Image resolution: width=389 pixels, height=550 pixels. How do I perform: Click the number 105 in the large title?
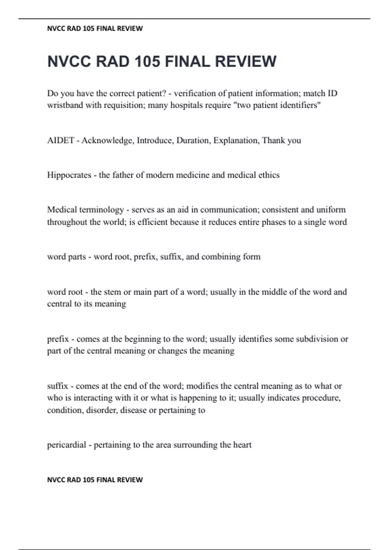tap(147, 61)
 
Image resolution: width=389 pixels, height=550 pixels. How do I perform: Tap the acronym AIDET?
tap(61, 140)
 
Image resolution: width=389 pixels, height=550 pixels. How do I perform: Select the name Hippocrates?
tap(69, 175)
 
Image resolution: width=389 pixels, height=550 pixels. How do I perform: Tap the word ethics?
tap(269, 175)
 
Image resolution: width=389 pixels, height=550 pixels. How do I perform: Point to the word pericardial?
tap(66, 445)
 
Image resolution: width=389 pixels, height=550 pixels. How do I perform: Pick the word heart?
tap(242, 445)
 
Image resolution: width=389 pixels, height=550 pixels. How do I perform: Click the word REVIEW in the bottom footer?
tap(130, 479)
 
